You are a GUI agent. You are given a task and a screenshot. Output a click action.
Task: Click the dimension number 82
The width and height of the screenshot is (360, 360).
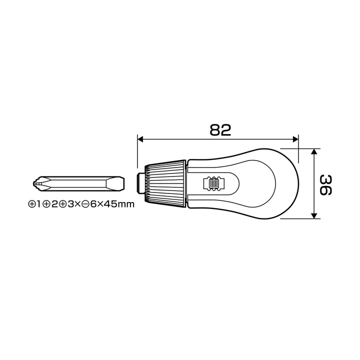(220, 130)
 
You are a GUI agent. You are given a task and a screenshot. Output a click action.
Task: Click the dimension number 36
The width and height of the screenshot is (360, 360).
(326, 185)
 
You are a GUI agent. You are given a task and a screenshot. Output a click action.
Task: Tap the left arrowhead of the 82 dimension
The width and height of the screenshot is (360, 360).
(140, 139)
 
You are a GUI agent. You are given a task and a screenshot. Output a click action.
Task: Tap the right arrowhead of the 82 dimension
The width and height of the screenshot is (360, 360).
(295, 139)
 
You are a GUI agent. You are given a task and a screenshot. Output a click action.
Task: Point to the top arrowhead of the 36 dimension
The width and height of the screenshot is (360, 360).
(314, 151)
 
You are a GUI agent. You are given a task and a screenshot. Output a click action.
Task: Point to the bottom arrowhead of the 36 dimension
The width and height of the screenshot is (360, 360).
(314, 215)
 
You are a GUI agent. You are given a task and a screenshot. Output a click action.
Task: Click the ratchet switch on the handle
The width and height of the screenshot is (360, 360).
(213, 183)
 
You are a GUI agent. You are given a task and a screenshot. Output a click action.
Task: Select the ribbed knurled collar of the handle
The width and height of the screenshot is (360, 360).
(165, 183)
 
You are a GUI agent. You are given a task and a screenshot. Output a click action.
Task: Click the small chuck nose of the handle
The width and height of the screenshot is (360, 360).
(140, 183)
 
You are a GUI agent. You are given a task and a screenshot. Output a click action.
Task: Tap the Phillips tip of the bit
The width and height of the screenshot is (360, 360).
(36, 183)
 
